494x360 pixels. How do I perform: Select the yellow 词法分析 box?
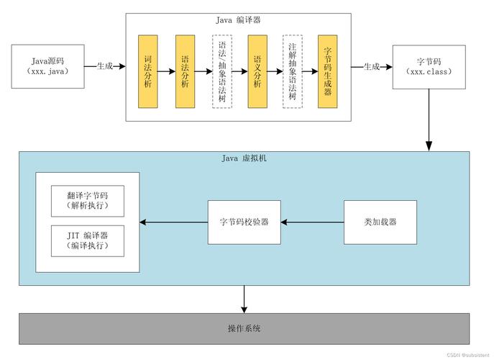[148, 71]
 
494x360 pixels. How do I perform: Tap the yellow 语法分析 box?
[186, 71]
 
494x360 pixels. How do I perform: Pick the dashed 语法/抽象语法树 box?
[222, 71]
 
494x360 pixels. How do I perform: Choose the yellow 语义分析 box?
[257, 71]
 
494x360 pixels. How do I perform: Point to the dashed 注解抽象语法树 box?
[292, 71]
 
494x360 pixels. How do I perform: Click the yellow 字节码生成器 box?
[328, 71]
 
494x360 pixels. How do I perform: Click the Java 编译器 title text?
[238, 20]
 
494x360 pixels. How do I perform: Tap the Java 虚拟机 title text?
[244, 158]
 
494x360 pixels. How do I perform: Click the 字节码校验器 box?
[244, 222]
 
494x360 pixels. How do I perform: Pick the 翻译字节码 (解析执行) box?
[87, 201]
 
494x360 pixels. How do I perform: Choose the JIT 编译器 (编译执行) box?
[87, 240]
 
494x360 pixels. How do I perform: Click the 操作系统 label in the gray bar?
[244, 329]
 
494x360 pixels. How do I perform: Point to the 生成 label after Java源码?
[105, 66]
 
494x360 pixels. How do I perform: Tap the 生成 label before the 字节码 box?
[371, 66]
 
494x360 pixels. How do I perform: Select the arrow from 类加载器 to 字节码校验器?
[313, 222]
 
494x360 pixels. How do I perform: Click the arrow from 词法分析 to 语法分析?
[167, 71]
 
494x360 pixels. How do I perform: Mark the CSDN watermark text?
[467, 355]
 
